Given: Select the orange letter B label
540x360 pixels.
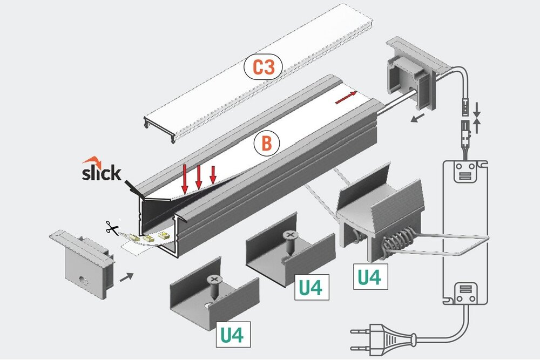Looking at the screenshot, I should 266,143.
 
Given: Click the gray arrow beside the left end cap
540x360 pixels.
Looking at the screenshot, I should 125,277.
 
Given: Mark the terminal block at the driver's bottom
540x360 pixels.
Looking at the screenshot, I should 464,295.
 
